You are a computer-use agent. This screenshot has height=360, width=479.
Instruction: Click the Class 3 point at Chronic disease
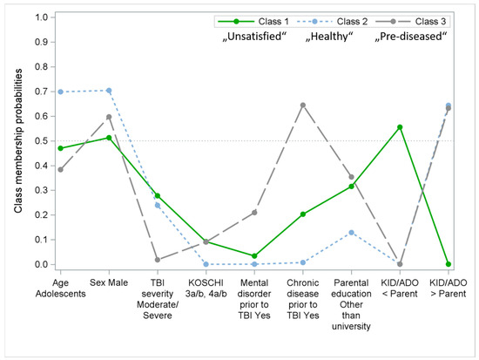point(302,105)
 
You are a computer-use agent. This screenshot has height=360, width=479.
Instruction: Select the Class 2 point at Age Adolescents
point(60,92)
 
